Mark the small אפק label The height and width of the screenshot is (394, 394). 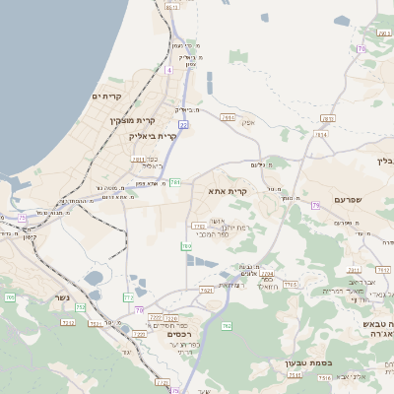[x=248, y=122]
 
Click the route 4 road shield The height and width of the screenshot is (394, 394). [x=168, y=71]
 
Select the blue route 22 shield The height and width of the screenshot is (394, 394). [x=183, y=124]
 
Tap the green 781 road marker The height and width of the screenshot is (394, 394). [x=174, y=182]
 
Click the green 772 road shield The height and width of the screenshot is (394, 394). [x=128, y=296]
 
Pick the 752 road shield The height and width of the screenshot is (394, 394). [x=80, y=307]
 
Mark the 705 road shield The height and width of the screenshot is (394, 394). [x=10, y=296]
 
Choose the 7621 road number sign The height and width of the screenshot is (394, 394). [x=206, y=291]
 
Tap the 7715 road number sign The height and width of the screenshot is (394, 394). [x=290, y=285]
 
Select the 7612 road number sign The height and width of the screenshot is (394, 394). [x=383, y=269]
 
